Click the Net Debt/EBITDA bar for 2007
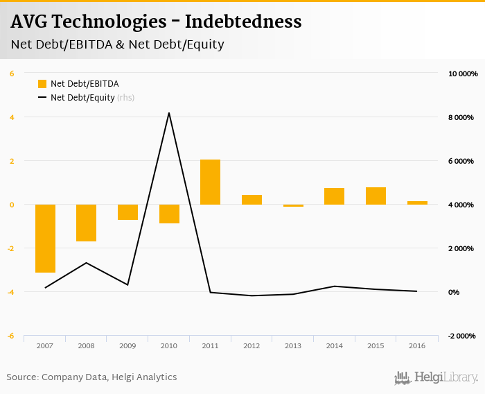(x=45, y=238)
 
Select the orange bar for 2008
(x=86, y=223)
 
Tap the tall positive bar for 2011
(x=210, y=182)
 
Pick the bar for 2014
(x=334, y=196)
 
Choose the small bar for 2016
(x=417, y=203)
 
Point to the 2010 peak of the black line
(x=169, y=112)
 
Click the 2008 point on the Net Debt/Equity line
(x=86, y=263)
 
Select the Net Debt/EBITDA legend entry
(x=77, y=84)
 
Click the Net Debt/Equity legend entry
(x=82, y=98)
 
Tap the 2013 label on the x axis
(x=293, y=345)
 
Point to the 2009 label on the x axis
(x=127, y=345)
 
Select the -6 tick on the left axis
(x=10, y=336)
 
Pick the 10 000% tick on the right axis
(x=464, y=74)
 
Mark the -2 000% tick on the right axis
(x=462, y=336)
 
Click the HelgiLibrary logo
(x=436, y=377)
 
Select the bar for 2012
(x=252, y=200)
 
